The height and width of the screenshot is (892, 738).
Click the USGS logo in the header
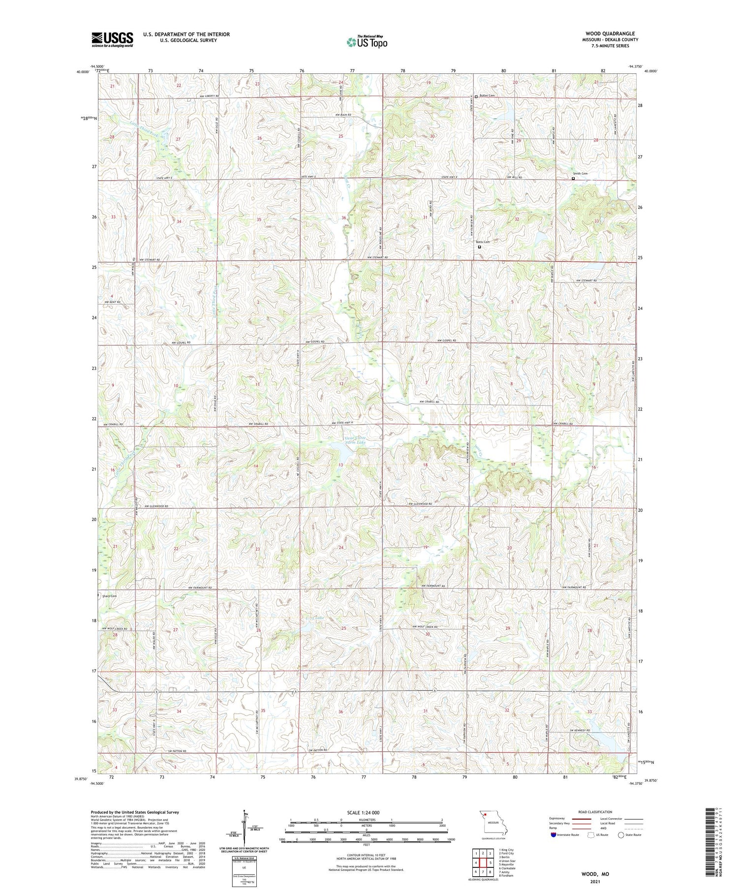(112, 39)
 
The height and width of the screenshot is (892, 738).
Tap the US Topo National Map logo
(367, 42)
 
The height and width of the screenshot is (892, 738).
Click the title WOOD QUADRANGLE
(610, 33)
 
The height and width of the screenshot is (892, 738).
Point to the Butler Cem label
(487, 95)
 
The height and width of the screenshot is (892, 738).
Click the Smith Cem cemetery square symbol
(573, 179)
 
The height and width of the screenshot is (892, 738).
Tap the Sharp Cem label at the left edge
(109, 596)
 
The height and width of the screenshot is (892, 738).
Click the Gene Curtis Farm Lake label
(355, 440)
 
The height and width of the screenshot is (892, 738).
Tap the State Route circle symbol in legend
(621, 835)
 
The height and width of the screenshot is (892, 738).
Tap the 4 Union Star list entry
(507, 861)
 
